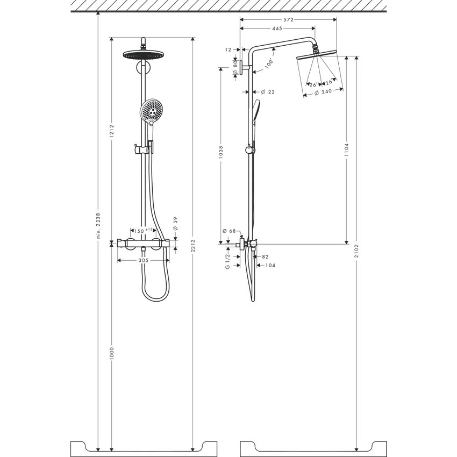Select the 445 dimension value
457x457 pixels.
pos(277,28)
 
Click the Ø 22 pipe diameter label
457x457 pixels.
pos(268,92)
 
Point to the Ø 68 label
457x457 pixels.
pos(228,231)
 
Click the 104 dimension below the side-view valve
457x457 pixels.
pos(270,266)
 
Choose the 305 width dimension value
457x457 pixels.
pos(143,260)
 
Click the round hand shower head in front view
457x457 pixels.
pos(152,110)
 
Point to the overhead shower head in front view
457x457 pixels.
pos(143,54)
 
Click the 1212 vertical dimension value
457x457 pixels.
pos(111,133)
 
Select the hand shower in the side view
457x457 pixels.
pos(255,113)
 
